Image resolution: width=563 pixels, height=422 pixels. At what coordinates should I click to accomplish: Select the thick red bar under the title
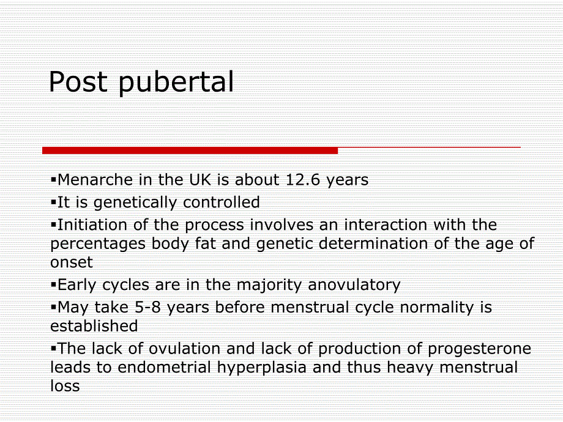point(190,150)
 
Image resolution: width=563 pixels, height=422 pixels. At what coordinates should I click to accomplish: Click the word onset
point(71,262)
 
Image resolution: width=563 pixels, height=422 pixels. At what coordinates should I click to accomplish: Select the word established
point(94,326)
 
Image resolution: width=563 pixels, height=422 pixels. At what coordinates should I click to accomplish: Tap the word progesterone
point(479,349)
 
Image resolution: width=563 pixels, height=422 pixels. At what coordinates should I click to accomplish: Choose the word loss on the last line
point(65,386)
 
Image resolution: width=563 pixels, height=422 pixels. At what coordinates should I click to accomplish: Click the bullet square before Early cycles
point(54,284)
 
